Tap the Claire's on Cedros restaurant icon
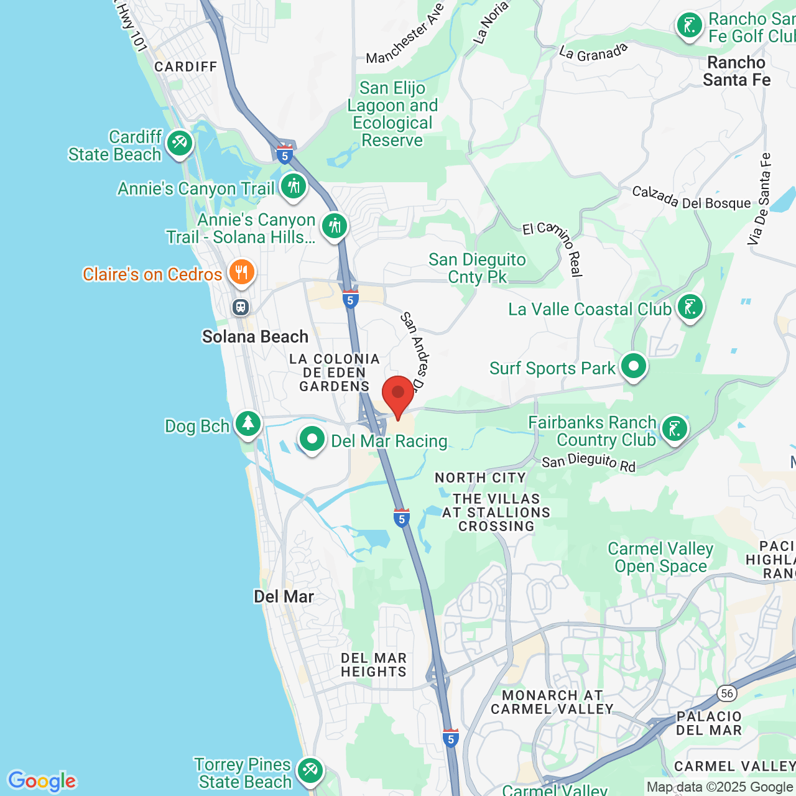click(x=241, y=272)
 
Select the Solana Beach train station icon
click(x=241, y=307)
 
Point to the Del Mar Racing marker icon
click(x=312, y=440)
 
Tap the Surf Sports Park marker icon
click(x=634, y=366)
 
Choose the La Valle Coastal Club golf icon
click(x=690, y=307)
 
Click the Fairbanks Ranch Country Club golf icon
click(x=675, y=429)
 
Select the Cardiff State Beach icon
click(x=180, y=144)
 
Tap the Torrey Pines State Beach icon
click(x=310, y=771)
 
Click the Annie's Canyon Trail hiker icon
click(x=294, y=186)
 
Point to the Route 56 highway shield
click(x=726, y=693)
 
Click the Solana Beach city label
click(x=255, y=336)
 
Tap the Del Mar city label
click(x=284, y=596)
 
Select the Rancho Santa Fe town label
click(x=736, y=71)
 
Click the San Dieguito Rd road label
click(x=588, y=462)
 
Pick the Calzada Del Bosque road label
click(x=691, y=198)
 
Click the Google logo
click(x=42, y=781)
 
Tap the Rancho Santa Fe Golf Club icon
click(x=690, y=26)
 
